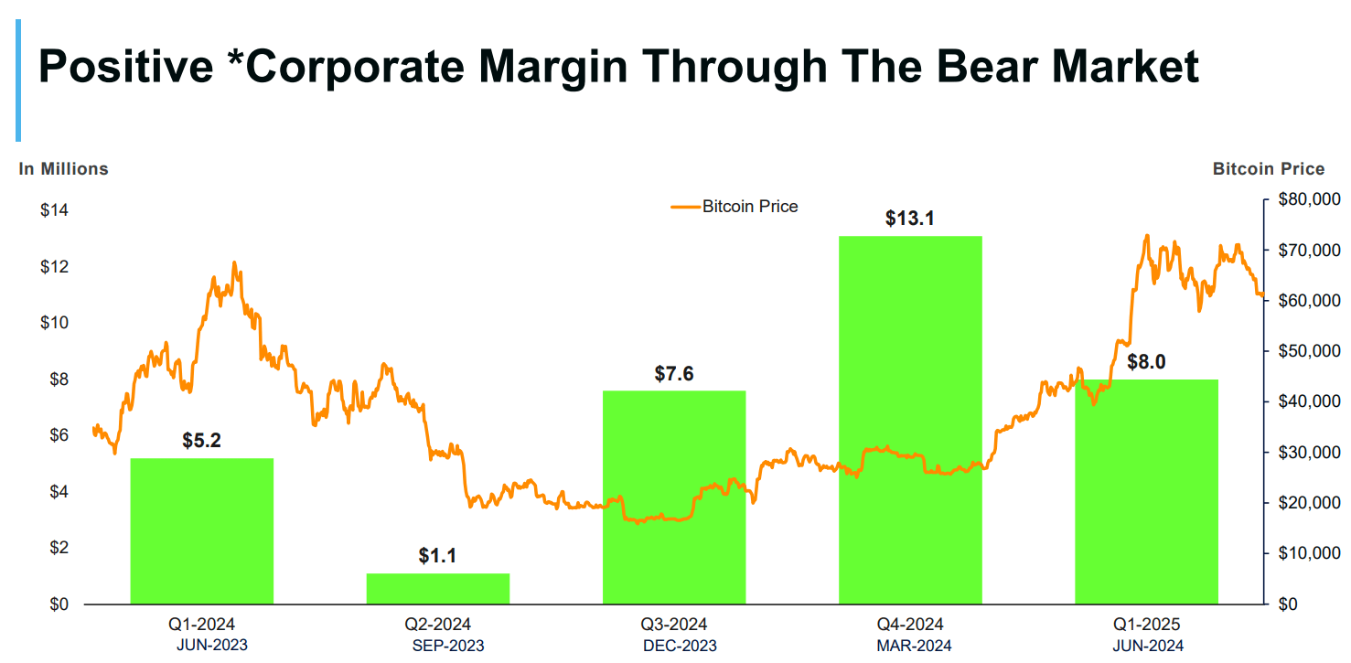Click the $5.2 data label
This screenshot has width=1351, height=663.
click(201, 441)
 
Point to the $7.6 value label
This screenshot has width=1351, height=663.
click(674, 373)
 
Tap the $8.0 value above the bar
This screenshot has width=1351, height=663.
click(1145, 362)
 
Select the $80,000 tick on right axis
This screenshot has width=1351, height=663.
click(1308, 199)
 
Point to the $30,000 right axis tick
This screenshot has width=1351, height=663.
click(1308, 453)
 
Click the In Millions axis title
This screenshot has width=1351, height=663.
click(64, 169)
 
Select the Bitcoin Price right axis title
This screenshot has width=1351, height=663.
click(1268, 169)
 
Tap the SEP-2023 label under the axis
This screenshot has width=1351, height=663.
click(448, 646)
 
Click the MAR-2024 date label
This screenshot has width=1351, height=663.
click(915, 646)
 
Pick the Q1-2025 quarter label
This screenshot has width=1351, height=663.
click(1146, 625)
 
